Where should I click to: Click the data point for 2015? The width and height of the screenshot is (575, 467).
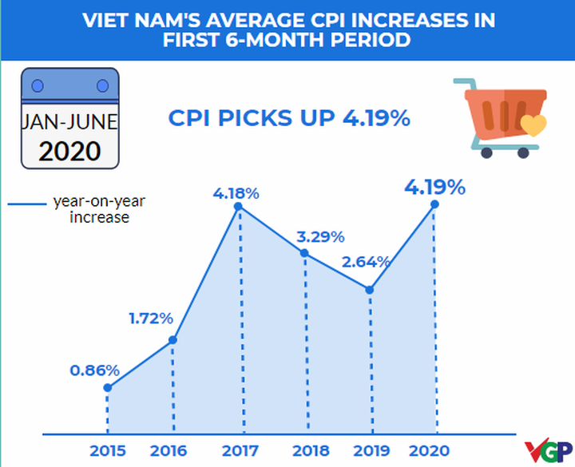click(x=108, y=388)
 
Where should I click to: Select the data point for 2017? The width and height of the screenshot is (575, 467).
click(x=238, y=207)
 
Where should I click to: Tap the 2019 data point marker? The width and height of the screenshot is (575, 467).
click(x=370, y=289)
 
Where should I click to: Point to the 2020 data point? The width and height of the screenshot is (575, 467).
click(x=435, y=204)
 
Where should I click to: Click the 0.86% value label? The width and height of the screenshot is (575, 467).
click(x=94, y=370)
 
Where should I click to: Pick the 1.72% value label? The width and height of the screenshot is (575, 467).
click(x=151, y=319)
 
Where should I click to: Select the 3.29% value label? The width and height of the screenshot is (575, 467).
click(x=321, y=236)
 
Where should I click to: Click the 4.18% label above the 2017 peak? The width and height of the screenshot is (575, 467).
click(x=236, y=192)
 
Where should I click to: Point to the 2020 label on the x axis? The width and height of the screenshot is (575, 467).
click(x=433, y=450)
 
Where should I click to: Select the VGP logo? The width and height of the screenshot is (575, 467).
click(x=549, y=450)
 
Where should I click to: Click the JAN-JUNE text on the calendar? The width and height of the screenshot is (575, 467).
click(x=69, y=122)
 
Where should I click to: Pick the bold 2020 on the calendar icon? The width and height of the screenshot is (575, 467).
click(x=69, y=150)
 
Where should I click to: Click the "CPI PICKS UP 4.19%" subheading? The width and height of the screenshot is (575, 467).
click(x=289, y=119)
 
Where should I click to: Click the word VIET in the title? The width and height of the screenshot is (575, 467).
click(x=109, y=20)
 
